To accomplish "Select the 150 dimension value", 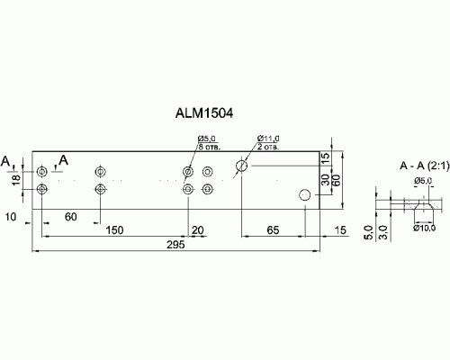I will [x=113, y=230].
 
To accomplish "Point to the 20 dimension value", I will [x=198, y=230].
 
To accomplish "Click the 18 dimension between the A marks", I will [x=15, y=180].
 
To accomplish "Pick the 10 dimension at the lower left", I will [x=11, y=218].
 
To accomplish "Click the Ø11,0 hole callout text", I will [x=268, y=137].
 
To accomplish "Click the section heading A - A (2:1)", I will [x=421, y=167].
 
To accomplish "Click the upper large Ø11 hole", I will [x=242, y=165].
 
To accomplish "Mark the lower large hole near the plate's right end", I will [x=305, y=195].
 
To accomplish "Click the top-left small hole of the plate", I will [x=42, y=170].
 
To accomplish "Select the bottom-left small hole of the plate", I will [x=42, y=189].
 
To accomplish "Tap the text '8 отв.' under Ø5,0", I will [x=210, y=145].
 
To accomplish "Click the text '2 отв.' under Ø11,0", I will [x=268, y=145].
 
